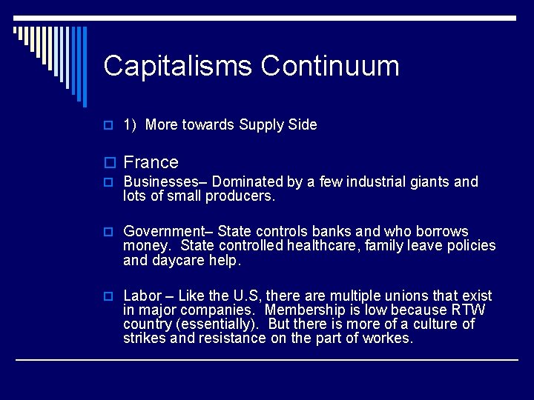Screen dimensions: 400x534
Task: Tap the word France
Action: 151,162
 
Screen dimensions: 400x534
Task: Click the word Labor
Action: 142,296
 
